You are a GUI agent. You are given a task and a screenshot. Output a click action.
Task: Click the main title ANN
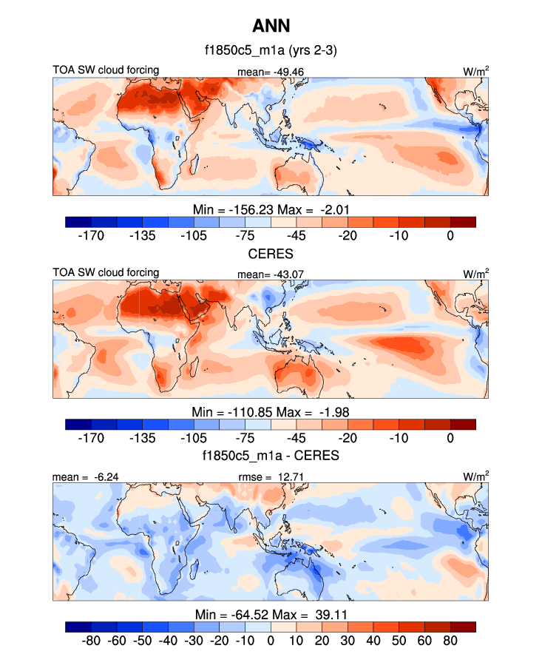(271, 27)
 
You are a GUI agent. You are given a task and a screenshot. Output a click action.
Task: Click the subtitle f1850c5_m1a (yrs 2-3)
(271, 52)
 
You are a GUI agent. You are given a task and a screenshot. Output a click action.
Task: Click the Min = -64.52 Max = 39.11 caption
(271, 613)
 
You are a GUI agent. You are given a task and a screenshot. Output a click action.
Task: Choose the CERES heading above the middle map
(271, 254)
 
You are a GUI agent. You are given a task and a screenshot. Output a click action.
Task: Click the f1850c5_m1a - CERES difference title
(271, 456)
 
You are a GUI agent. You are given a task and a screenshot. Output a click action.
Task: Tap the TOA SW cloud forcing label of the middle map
(106, 273)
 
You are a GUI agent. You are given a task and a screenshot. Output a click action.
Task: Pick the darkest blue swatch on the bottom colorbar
(78, 627)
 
